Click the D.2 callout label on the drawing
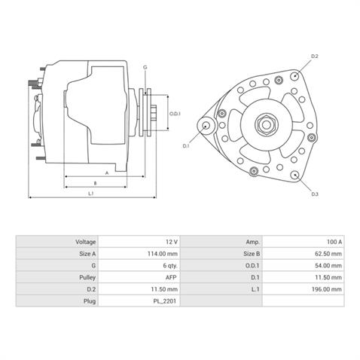[x=315, y=56]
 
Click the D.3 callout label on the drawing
[x=315, y=194]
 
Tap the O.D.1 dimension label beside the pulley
[x=174, y=114]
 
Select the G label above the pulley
[x=145, y=68]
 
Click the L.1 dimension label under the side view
[x=90, y=194]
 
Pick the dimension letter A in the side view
[x=106, y=172]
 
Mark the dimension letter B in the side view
[x=94, y=183]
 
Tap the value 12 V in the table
[x=171, y=242]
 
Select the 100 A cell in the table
[x=334, y=242]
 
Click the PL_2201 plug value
[x=166, y=301]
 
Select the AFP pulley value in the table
[x=172, y=277]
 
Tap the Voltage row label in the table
[x=85, y=242]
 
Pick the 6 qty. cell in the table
[x=169, y=266]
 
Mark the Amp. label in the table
[x=252, y=242]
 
